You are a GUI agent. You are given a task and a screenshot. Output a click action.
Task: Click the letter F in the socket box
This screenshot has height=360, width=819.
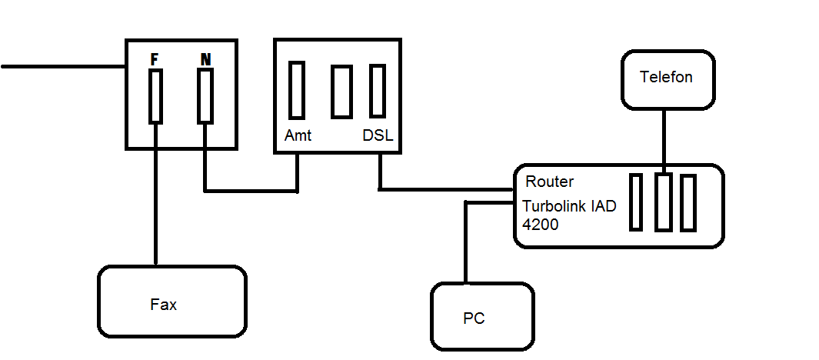(155, 58)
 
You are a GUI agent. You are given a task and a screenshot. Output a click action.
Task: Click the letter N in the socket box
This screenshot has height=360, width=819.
(205, 58)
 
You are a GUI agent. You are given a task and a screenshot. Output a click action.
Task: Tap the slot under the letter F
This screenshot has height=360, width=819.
(155, 96)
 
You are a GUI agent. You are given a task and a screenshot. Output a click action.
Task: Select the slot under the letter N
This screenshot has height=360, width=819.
(205, 95)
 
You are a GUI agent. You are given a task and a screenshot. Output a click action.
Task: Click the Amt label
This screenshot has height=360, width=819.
(298, 136)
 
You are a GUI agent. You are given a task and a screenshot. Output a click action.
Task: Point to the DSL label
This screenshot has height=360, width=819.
(378, 136)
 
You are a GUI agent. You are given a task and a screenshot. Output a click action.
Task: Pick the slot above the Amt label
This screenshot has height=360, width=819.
(297, 90)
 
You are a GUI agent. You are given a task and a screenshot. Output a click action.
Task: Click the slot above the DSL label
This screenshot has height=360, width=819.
(378, 90)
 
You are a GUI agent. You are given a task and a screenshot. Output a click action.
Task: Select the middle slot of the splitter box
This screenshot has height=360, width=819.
(341, 92)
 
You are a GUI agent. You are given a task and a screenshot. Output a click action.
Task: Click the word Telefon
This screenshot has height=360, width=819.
(666, 77)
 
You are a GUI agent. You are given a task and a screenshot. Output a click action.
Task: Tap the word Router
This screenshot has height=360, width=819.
(549, 182)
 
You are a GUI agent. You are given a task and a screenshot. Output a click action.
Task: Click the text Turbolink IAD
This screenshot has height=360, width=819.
(569, 207)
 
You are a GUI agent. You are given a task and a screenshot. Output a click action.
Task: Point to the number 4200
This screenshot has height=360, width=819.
(541, 225)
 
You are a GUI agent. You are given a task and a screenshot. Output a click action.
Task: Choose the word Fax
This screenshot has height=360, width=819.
(163, 305)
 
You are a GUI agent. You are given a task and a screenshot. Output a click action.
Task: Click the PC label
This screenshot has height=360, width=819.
(474, 318)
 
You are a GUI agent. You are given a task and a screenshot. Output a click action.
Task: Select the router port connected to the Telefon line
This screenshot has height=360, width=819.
(663, 202)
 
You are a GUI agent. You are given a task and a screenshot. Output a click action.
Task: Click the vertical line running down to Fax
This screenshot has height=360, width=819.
(156, 200)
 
